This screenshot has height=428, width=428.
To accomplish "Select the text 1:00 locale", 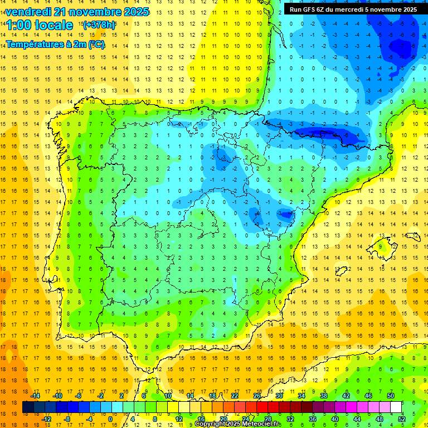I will click(x=40, y=25).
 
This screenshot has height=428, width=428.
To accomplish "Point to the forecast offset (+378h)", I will click(x=99, y=25).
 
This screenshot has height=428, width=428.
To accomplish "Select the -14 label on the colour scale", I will click(x=36, y=396).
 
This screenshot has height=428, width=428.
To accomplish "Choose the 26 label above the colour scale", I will click(x=257, y=396).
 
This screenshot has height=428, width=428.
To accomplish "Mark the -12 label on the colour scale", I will click(x=46, y=419).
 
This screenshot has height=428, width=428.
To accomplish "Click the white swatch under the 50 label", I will click(x=396, y=407).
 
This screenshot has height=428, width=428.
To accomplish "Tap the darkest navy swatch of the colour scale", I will click(x=28, y=407).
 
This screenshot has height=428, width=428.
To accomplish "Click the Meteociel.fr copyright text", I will click(x=237, y=424).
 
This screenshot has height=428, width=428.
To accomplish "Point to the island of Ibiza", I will click(x=342, y=271).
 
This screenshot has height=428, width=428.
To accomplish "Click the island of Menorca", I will click(x=414, y=236).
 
